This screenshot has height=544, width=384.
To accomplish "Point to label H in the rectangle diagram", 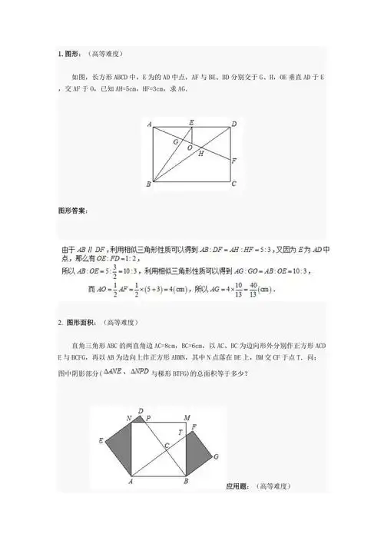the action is pyautogui.click(x=201, y=154).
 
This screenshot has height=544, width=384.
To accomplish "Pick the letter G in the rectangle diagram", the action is pyautogui.click(x=175, y=141).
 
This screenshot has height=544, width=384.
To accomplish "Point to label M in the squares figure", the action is pyautogui.click(x=187, y=417).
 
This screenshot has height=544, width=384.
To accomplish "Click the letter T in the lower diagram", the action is pyautogui.click(x=180, y=433).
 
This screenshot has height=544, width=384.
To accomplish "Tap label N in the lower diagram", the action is pyautogui.click(x=129, y=418).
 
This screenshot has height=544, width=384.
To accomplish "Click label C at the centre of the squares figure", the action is pyautogui.click(x=166, y=446).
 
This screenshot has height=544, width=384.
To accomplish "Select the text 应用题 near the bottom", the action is pyautogui.click(x=241, y=486).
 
